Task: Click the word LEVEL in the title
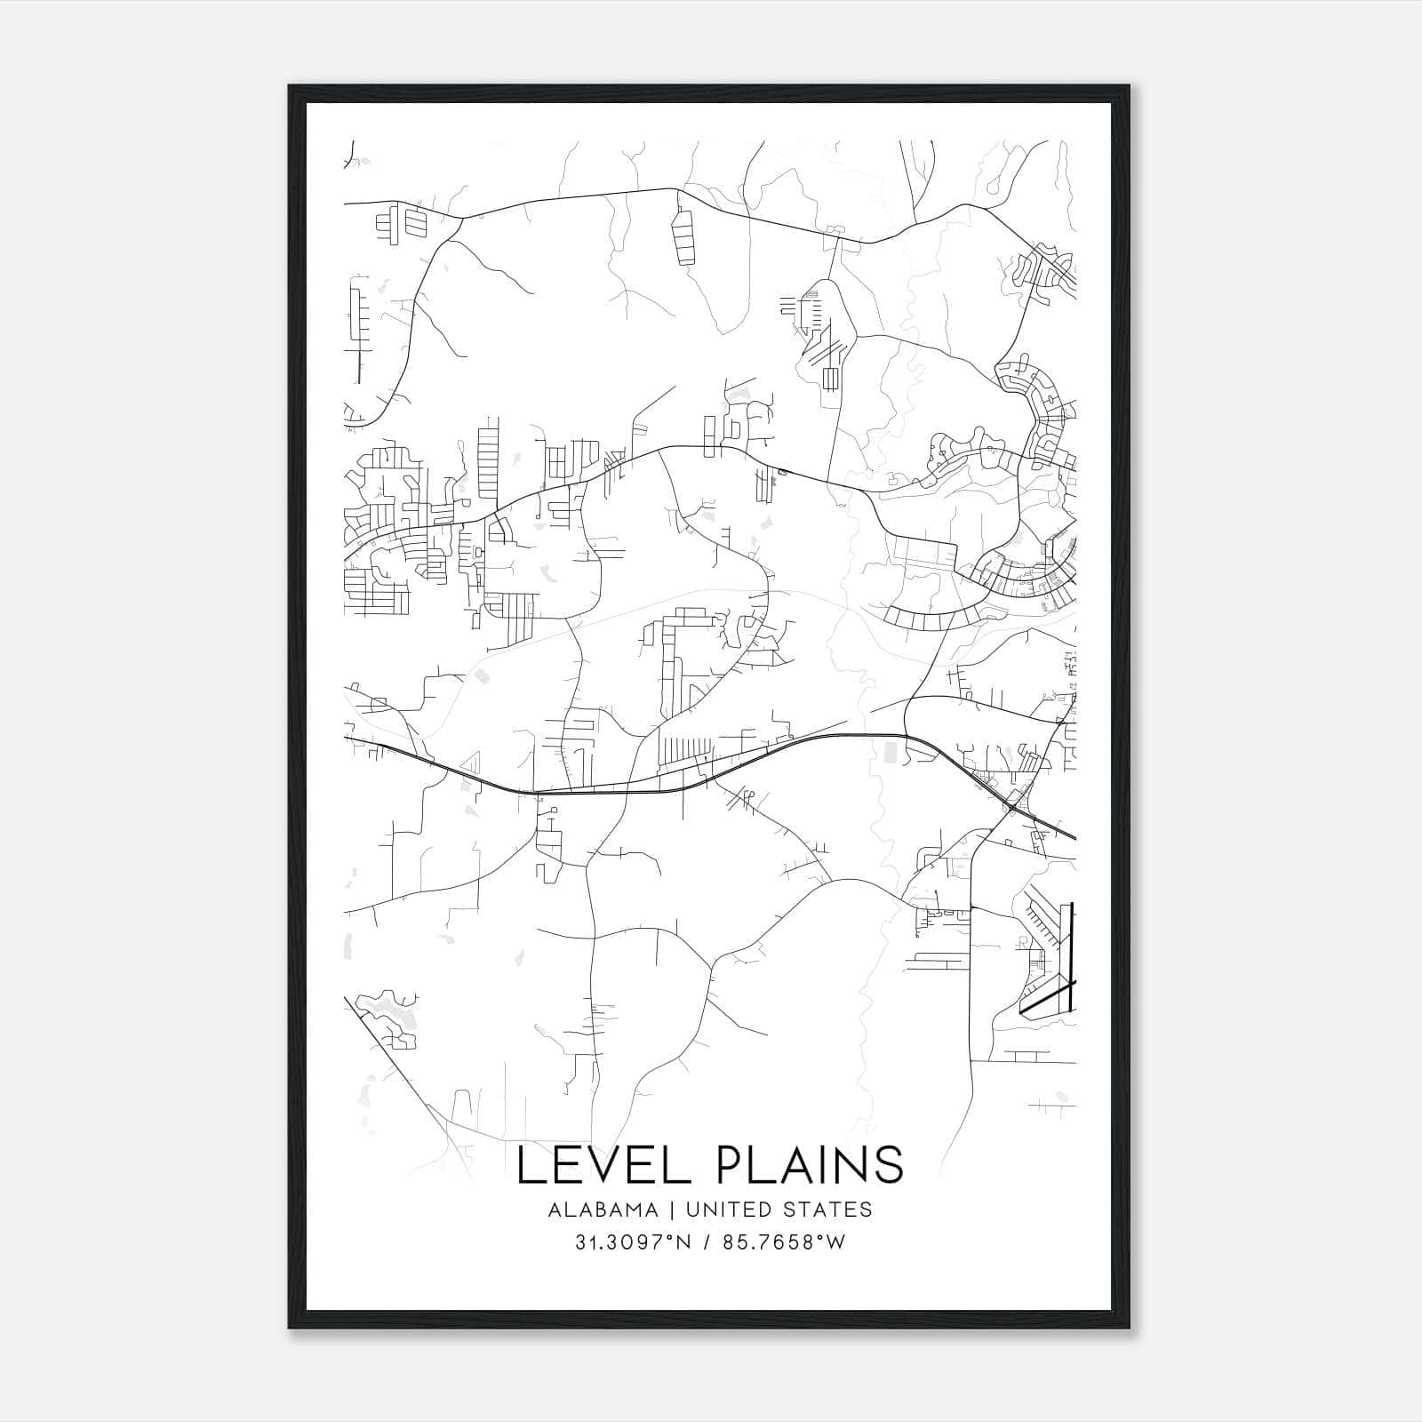point(603,1165)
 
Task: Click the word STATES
point(829,1210)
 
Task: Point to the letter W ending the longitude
point(835,1242)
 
